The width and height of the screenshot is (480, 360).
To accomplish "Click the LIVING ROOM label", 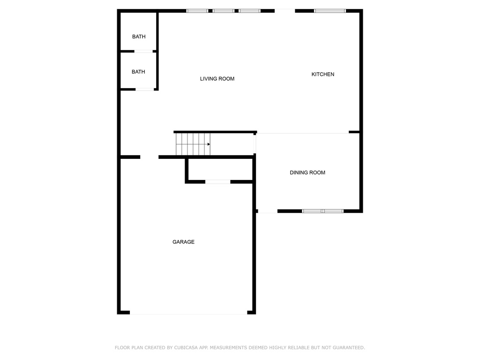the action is tap(217, 79).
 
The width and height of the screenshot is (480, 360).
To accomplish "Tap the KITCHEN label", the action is tap(322, 74).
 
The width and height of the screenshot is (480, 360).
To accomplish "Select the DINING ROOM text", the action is tap(307, 172).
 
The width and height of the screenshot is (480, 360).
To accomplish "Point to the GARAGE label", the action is tap(183, 242).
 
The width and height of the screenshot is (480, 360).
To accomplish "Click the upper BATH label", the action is tap(139, 37).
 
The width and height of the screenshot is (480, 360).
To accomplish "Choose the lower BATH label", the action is tap(138, 72).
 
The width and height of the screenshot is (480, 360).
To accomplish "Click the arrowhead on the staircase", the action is tap(209, 144).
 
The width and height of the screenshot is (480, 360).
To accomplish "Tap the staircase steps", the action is tap(193, 144).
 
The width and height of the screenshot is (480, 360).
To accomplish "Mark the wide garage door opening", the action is tap(188, 313).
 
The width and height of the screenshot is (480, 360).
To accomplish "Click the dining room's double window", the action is tap(322, 211).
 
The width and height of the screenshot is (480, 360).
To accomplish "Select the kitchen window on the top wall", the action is tap(330, 11).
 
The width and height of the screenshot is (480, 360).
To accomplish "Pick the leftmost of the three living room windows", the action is tap(197, 11).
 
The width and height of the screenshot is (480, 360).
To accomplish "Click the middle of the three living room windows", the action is tap(224, 11).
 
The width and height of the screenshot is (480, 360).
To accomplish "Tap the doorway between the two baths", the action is tap(143, 52).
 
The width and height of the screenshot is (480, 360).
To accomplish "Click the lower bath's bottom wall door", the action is tap(144, 90).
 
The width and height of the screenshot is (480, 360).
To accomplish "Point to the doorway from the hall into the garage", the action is tap(150, 157).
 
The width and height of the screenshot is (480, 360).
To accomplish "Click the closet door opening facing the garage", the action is tap(217, 182).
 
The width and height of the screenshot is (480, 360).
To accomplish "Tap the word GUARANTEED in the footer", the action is tap(349, 348).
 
